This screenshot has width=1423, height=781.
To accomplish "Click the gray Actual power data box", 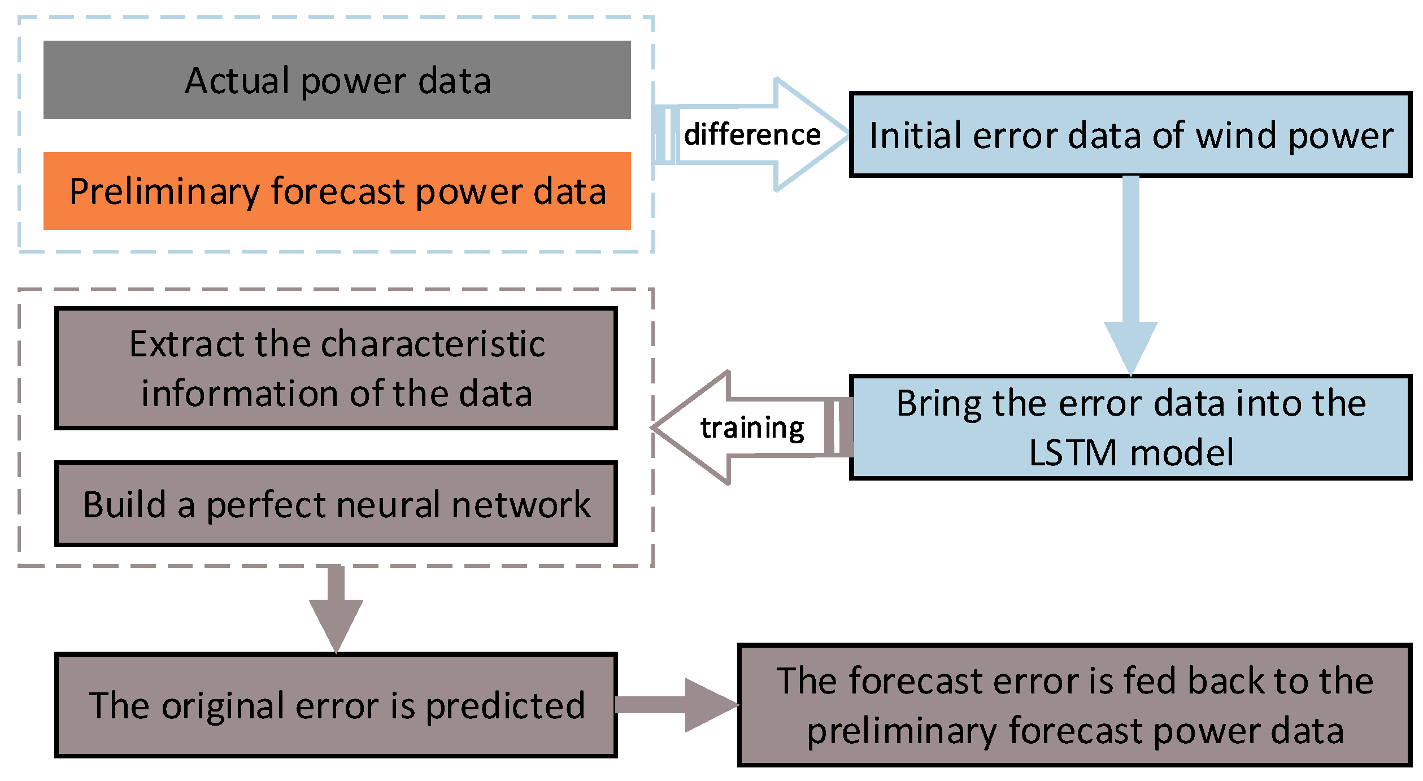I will pos(337,80).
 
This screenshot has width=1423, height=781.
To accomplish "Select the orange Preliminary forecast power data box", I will pos(337,191).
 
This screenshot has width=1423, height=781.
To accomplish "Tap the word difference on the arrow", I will pos(752,135).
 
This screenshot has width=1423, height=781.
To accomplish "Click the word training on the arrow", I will pos(752,427).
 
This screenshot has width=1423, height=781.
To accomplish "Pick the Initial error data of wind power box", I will pos(1130,135).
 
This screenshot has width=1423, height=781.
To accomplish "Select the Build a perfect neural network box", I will pos(336,504).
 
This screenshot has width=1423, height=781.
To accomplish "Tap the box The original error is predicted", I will pos(336,705).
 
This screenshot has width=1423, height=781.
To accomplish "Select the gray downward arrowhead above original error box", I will pos(336,623).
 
